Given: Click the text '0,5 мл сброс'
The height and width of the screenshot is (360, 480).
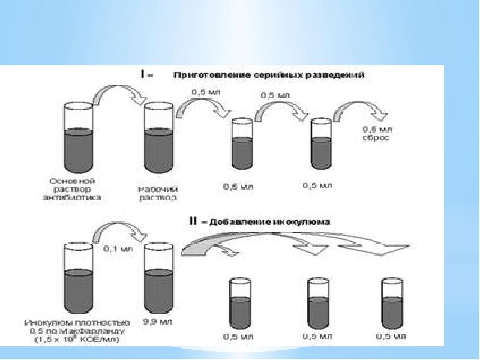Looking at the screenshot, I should [376, 133].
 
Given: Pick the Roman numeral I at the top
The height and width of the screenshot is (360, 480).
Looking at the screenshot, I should [142, 75].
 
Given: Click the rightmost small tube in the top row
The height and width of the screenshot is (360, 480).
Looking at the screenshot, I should [320, 144].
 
